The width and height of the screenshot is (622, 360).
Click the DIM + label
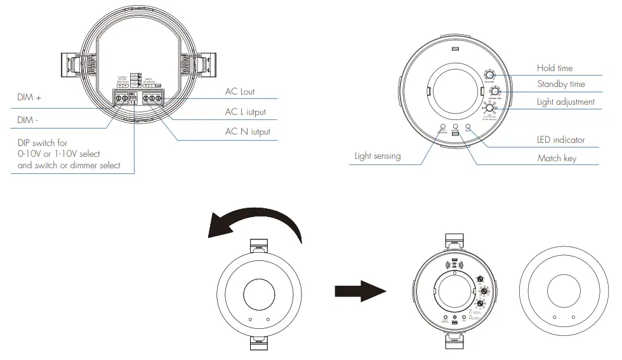point(29,98)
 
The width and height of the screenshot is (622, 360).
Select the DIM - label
point(27,120)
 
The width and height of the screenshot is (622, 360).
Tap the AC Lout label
point(240,91)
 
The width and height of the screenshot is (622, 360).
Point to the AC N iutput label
point(248,132)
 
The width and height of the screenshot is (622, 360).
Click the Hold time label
point(555,68)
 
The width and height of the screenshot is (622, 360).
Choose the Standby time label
point(561,84)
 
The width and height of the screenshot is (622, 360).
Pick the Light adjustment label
point(566,102)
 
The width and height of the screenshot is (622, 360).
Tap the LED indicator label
point(561,140)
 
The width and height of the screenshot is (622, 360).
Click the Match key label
point(557,158)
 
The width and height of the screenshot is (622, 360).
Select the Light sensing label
point(378,156)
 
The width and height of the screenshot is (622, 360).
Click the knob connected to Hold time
point(490,75)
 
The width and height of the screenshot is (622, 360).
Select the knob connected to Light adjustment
point(491,109)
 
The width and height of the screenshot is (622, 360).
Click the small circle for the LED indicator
point(468,127)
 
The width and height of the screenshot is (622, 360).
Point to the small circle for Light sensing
point(442,127)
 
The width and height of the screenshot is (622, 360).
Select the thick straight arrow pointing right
point(359,291)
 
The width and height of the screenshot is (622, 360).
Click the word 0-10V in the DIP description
point(30,154)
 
